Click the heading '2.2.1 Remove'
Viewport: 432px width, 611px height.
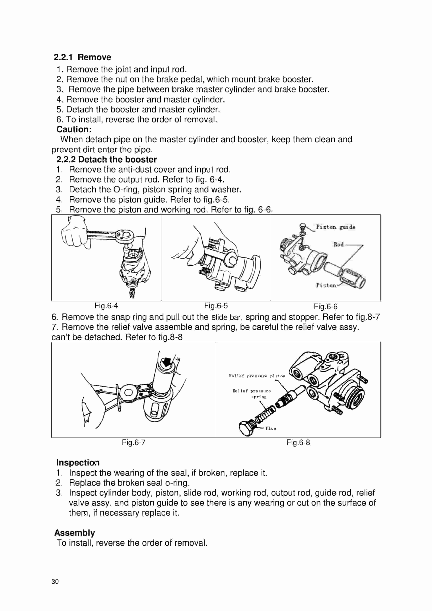pyautogui.click(x=83, y=57)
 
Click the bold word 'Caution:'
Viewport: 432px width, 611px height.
pyautogui.click(x=74, y=129)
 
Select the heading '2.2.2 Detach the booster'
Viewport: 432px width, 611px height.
pyautogui.click(x=106, y=159)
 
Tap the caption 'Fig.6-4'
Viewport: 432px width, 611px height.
pyautogui.click(x=106, y=305)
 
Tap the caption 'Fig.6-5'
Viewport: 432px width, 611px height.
pyautogui.click(x=216, y=305)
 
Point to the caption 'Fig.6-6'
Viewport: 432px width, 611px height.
pyautogui.click(x=325, y=307)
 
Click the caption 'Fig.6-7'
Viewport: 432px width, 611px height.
pyautogui.click(x=133, y=442)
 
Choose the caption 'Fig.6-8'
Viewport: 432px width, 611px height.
pyautogui.click(x=298, y=442)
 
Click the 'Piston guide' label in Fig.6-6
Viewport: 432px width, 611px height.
pyautogui.click(x=336, y=227)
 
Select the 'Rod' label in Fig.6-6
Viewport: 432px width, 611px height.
pyautogui.click(x=338, y=244)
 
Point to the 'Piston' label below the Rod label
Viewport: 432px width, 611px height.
pyautogui.click(x=326, y=285)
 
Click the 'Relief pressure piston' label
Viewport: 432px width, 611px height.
pyautogui.click(x=257, y=376)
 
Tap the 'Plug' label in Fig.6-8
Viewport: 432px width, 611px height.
pyautogui.click(x=271, y=428)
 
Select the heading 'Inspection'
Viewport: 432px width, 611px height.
pyautogui.click(x=78, y=462)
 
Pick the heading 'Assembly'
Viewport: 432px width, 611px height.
pyautogui.click(x=75, y=533)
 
